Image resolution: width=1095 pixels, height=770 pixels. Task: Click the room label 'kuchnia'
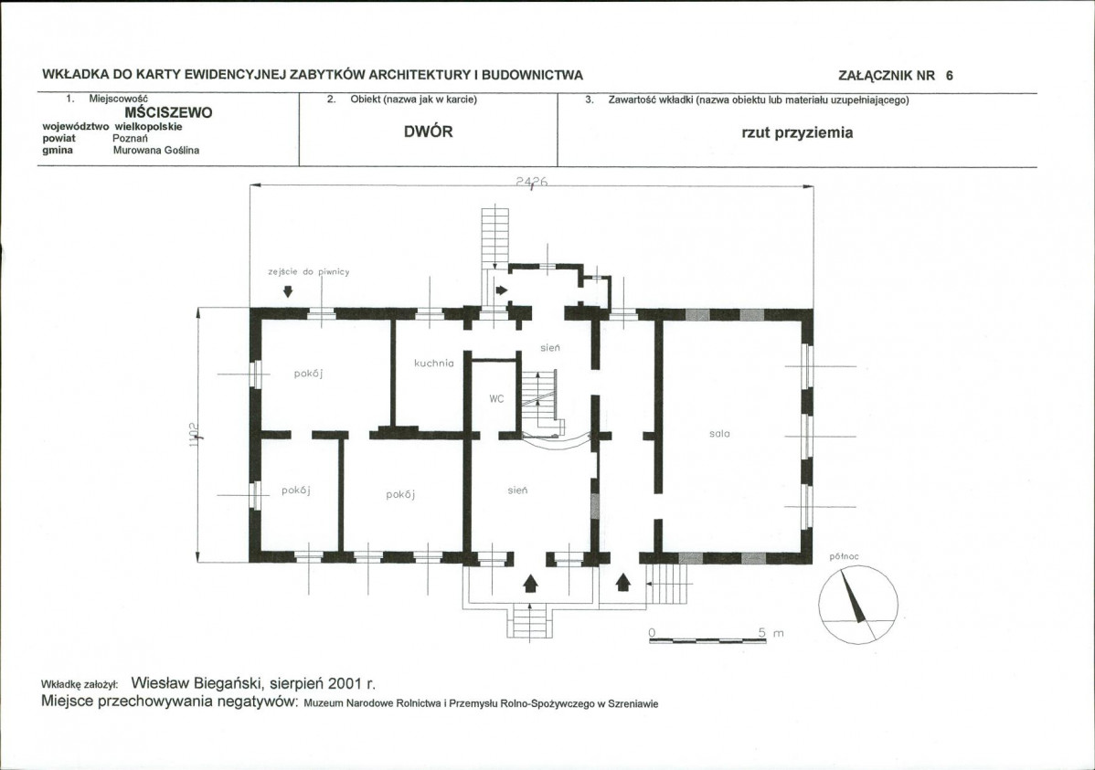tap(433, 363)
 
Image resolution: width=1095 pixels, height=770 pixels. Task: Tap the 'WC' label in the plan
tap(496, 398)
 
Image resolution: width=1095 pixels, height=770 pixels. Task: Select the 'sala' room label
tap(719, 434)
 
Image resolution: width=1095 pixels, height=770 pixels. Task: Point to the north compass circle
tap(858, 606)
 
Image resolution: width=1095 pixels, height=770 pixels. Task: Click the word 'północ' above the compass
tap(845, 556)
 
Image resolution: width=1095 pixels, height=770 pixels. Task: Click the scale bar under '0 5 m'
tap(707, 640)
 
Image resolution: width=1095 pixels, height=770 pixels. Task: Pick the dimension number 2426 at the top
tap(532, 182)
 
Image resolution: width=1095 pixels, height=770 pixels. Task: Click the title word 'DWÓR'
tap(428, 132)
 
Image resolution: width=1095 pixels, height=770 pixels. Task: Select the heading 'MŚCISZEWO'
tap(168, 112)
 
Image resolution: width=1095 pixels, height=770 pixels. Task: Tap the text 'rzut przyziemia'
tap(797, 132)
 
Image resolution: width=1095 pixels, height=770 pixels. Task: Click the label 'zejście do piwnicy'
tap(309, 271)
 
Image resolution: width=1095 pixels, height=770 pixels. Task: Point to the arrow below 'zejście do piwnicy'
tap(288, 291)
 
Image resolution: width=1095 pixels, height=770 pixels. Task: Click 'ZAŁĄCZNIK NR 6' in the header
tap(895, 76)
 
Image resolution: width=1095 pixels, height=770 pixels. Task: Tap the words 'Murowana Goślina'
tap(155, 150)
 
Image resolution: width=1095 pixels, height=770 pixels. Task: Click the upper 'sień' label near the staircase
tap(550, 347)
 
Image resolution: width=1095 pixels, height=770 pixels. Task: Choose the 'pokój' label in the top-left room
tap(308, 374)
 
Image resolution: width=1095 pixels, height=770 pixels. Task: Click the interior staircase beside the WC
tap(540, 401)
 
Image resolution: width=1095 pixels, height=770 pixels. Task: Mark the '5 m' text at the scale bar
tap(771, 632)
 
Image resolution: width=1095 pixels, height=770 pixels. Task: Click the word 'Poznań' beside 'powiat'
tap(130, 138)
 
